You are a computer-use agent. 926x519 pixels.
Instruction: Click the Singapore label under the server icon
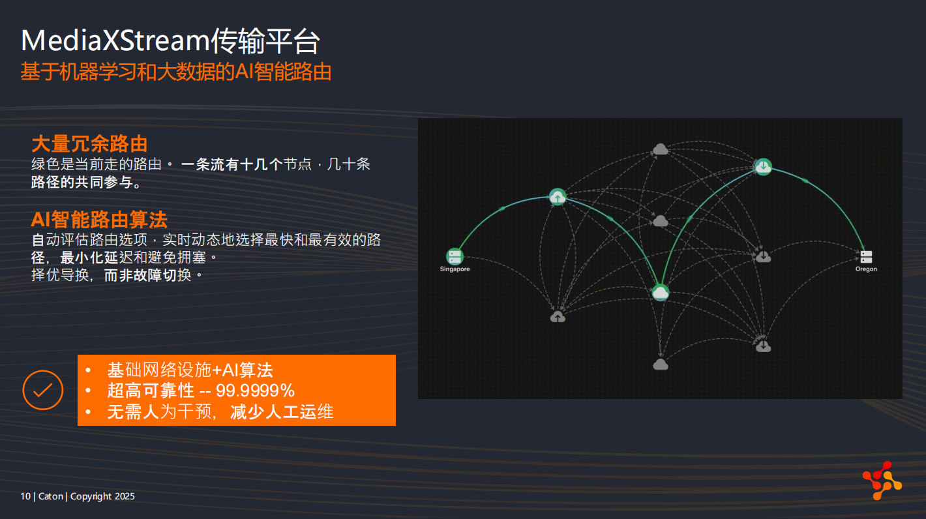[x=455, y=269]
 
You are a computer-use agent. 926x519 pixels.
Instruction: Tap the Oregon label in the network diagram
[x=866, y=269]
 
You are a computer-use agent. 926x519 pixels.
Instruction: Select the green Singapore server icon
[x=455, y=257]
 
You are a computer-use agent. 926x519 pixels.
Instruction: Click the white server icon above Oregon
[x=866, y=257]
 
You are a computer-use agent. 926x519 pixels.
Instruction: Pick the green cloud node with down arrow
[x=763, y=166]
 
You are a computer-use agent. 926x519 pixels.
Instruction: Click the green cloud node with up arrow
[x=558, y=197]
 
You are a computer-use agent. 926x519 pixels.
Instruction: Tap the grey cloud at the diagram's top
[x=660, y=149]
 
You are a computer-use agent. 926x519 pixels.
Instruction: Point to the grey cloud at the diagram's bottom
[x=660, y=364]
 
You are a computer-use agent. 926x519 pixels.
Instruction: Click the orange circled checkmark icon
[x=43, y=390]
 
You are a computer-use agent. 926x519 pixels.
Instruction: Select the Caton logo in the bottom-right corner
[x=882, y=481]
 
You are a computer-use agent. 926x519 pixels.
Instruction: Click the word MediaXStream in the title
[x=115, y=41]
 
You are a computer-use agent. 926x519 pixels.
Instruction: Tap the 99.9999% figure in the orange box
[x=255, y=391]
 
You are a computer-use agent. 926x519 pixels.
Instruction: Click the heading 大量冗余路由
[x=89, y=144]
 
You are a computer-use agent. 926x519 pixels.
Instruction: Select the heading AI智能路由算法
[x=99, y=220]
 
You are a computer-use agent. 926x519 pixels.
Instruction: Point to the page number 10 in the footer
[x=25, y=496]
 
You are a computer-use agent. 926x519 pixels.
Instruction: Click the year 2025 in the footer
[x=125, y=496]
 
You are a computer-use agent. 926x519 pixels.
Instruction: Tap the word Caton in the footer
[x=51, y=496]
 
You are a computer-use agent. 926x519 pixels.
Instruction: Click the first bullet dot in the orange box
[x=88, y=370]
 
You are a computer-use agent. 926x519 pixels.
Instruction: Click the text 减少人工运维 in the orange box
[x=282, y=412]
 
